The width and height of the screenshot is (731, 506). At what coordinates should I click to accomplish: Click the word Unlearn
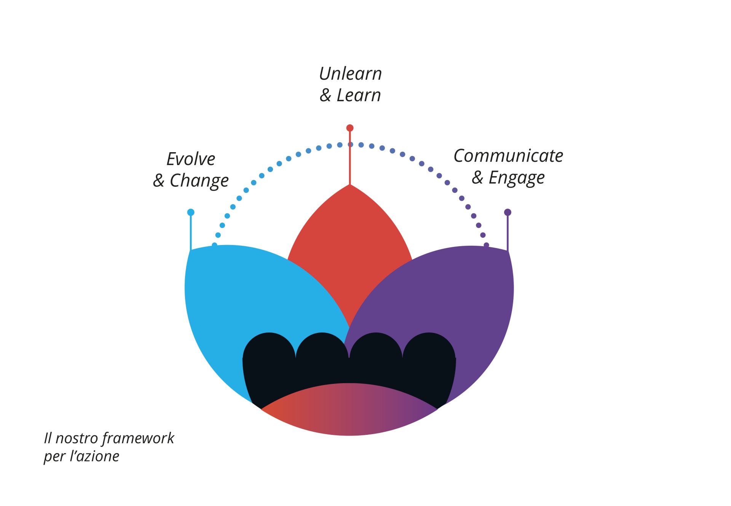click(350, 74)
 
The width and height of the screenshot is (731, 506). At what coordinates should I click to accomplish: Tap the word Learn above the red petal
click(359, 95)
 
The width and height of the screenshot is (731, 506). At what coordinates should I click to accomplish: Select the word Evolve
click(191, 159)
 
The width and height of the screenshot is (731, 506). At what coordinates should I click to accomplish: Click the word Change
click(199, 181)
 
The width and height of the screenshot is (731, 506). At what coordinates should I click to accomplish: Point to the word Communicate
click(508, 156)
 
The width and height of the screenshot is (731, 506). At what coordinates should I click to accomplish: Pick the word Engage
click(517, 178)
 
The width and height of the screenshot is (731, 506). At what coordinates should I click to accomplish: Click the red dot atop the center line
click(350, 128)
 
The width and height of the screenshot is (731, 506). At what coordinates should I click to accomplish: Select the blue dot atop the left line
click(191, 212)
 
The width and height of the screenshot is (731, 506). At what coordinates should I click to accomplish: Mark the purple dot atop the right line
click(508, 212)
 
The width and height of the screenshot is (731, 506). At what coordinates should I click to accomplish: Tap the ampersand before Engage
click(477, 178)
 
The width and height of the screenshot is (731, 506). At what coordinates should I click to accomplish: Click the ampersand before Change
click(158, 181)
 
